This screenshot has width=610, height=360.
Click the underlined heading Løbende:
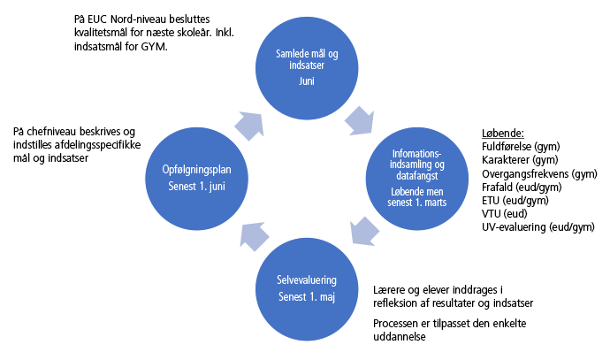(503, 133)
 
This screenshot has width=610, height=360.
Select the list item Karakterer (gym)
(519, 159)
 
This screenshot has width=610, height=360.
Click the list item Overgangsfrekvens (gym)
(539, 173)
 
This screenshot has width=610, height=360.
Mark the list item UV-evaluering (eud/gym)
(538, 227)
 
